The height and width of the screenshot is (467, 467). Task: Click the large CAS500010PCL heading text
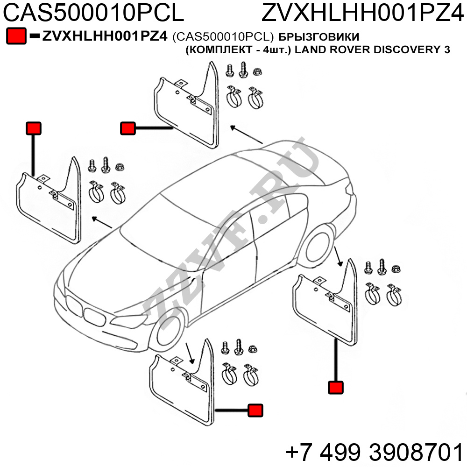coord(93,13)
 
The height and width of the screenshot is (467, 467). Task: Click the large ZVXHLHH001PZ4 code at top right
coord(363,13)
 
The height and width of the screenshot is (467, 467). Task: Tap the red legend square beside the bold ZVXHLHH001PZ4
coord(16,36)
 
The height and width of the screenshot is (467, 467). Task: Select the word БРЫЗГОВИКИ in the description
coord(319,36)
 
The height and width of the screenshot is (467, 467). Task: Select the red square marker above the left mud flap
coord(33,128)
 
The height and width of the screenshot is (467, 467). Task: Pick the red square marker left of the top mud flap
coord(128,128)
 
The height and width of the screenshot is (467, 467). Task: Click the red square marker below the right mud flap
coord(336,388)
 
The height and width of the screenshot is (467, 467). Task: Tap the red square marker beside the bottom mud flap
coord(255,410)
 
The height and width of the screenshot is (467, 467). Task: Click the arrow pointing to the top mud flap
coord(246,134)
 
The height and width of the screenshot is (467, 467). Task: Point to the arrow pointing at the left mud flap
coord(102,222)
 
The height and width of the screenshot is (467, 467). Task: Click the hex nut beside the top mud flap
coord(257,71)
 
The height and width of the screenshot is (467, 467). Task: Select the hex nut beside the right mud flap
coord(396,269)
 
